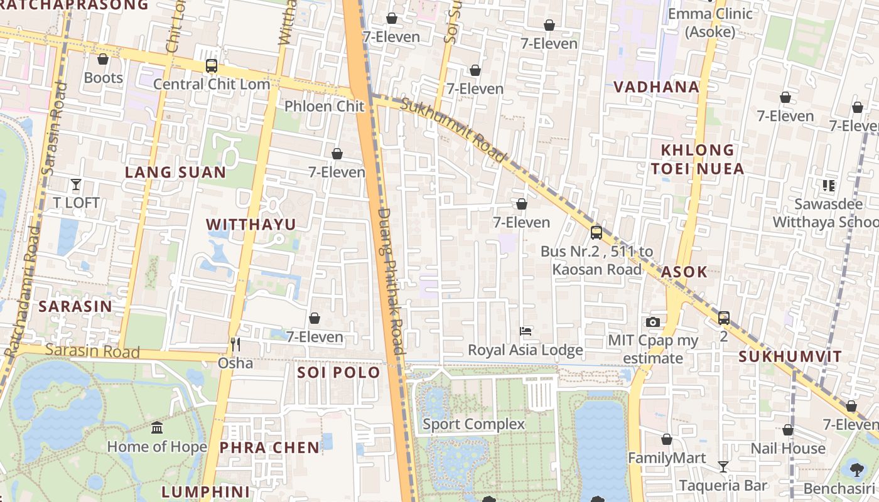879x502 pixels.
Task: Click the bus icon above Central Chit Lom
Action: click(212, 66)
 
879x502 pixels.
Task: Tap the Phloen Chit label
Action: click(324, 106)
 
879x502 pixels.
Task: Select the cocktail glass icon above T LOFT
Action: click(76, 184)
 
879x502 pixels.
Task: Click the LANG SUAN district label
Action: click(175, 173)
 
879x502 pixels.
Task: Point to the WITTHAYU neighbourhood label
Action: click(251, 225)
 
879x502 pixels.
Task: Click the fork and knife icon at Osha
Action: click(235, 344)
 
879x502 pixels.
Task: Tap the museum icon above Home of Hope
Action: click(157, 428)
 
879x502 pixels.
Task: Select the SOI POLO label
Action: click(338, 372)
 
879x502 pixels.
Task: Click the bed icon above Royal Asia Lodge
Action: click(526, 331)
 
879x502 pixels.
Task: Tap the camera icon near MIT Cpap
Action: click(652, 323)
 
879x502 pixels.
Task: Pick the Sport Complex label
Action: click(473, 424)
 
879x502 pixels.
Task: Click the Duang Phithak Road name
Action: click(391, 280)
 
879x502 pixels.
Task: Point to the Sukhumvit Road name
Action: click(453, 131)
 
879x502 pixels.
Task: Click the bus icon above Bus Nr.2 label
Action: click(596, 233)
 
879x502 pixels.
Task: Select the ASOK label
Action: click(684, 272)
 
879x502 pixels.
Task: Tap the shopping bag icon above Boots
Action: click(103, 60)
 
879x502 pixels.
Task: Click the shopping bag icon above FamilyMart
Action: click(667, 440)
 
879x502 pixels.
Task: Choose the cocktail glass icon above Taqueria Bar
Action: click(723, 467)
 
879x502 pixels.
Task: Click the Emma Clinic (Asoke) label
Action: click(710, 23)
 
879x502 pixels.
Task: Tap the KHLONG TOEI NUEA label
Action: click(697, 159)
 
